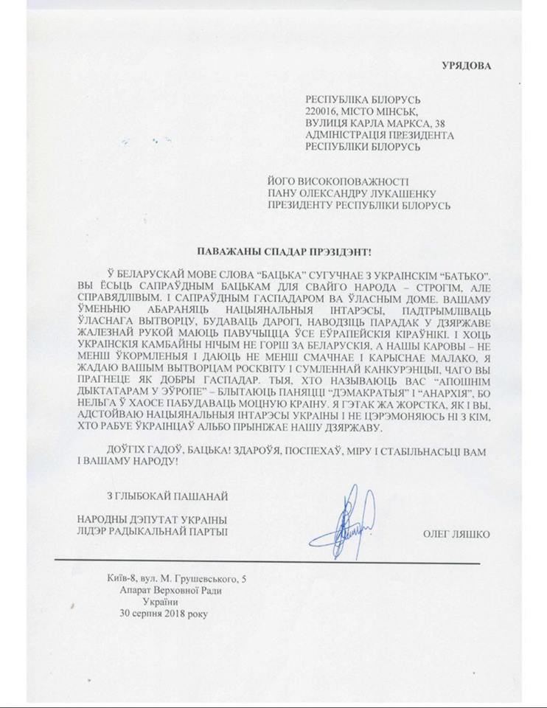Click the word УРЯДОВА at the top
[465, 64]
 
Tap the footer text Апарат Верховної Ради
[169, 589]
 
